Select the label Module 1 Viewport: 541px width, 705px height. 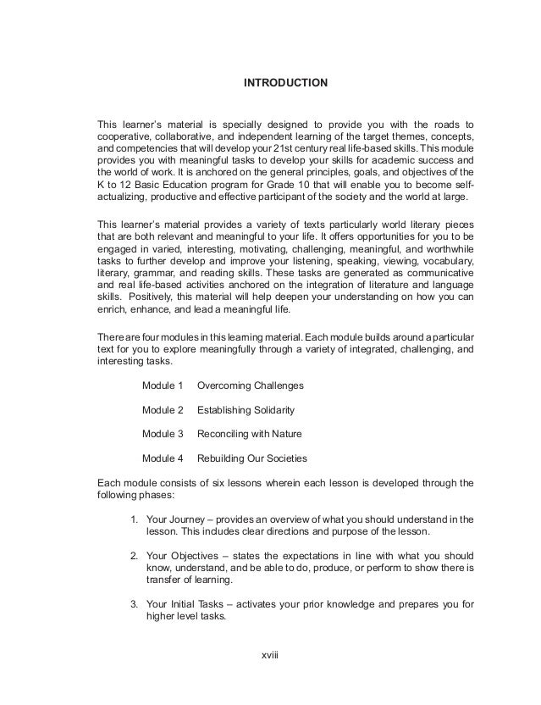(163, 386)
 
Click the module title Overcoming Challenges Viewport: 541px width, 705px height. (251, 386)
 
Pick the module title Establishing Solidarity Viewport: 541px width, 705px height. (246, 410)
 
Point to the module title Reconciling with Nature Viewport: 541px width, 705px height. (249, 434)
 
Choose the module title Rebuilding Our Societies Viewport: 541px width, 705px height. (252, 458)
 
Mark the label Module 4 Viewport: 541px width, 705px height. (163, 458)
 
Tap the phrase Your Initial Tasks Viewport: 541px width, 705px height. (185, 604)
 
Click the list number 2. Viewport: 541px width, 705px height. (134, 555)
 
